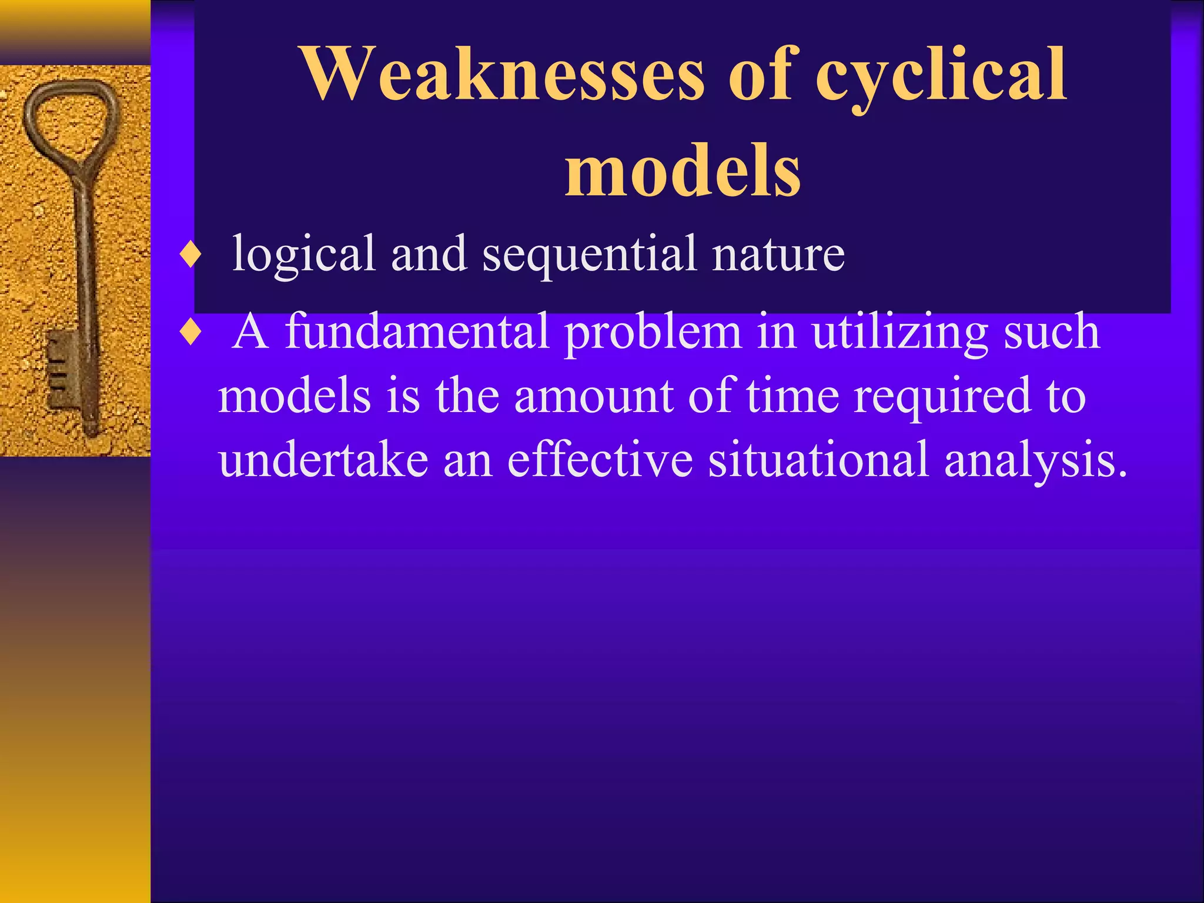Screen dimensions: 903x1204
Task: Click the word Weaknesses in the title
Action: click(502, 74)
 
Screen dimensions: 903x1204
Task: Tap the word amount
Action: click(593, 396)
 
